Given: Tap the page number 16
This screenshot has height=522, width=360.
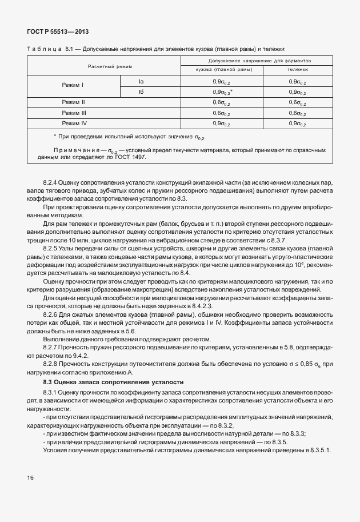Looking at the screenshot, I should (30, 477).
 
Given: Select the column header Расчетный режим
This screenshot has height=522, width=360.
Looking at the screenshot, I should (109, 66).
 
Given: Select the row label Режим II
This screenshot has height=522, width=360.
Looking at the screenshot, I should (74, 102).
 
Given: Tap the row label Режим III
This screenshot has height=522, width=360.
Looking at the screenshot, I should (74, 113).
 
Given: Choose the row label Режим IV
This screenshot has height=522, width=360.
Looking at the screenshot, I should (74, 123).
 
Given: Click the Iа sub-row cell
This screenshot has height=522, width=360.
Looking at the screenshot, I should (141, 81).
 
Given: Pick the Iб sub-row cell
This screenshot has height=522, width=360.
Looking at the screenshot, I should (141, 91).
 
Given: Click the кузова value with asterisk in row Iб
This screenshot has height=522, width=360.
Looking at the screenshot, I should (222, 92).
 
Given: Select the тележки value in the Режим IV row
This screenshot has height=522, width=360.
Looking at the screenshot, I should (297, 123).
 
